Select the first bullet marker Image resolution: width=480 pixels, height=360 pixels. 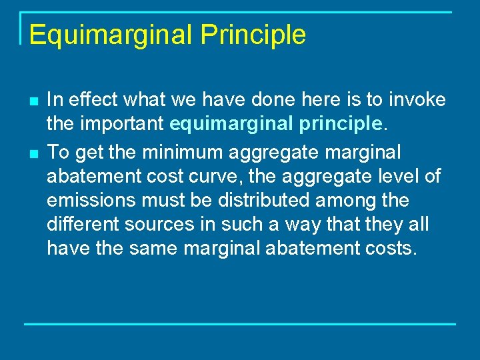pyautogui.click(x=32, y=101)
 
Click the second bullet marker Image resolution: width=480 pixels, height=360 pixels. pyautogui.click(x=32, y=153)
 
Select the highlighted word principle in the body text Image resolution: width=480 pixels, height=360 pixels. pyautogui.click(x=340, y=125)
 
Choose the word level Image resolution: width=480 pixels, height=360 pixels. pyautogui.click(x=400, y=176)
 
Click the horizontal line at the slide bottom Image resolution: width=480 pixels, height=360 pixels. pyautogui.click(x=240, y=324)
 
